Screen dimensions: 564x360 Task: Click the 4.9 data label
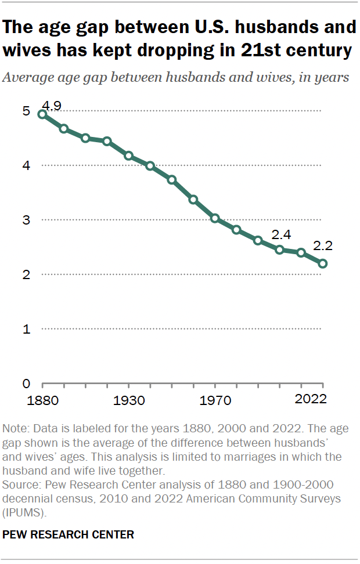pyautogui.click(x=52, y=106)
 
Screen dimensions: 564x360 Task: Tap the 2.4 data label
pyautogui.click(x=281, y=235)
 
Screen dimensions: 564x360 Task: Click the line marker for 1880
pyautogui.click(x=42, y=114)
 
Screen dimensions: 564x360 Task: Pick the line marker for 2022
pyautogui.click(x=323, y=263)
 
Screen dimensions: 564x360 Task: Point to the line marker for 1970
pyautogui.click(x=215, y=218)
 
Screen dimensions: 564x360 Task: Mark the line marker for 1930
pyautogui.click(x=129, y=156)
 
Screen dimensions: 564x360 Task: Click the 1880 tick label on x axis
pyautogui.click(x=42, y=400)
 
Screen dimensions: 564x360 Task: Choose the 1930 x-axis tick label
pyautogui.click(x=129, y=400)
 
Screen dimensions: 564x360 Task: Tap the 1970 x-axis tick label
pyautogui.click(x=215, y=400)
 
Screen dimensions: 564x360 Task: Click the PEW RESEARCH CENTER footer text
pyautogui.click(x=69, y=535)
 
